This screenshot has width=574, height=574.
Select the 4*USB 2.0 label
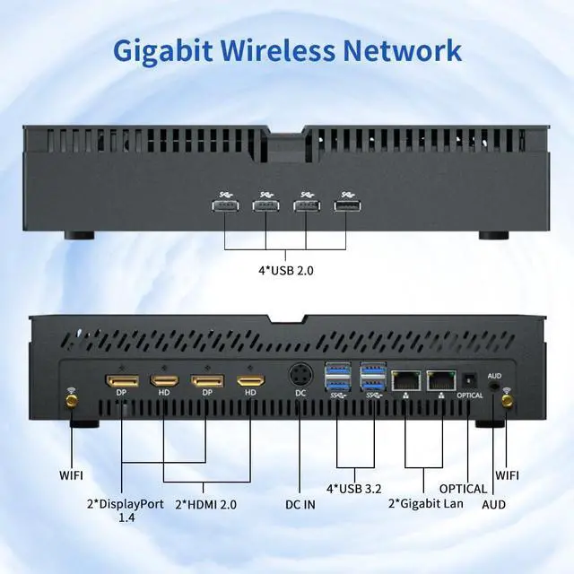[285, 268]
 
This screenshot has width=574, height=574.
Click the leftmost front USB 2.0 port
[225, 206]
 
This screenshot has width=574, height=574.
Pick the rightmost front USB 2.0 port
[346, 206]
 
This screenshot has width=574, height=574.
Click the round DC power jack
[301, 374]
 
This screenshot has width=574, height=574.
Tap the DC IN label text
[300, 505]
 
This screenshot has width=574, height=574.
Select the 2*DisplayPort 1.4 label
[126, 510]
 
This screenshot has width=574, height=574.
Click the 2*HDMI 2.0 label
[205, 505]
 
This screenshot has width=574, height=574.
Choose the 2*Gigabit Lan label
[427, 503]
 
